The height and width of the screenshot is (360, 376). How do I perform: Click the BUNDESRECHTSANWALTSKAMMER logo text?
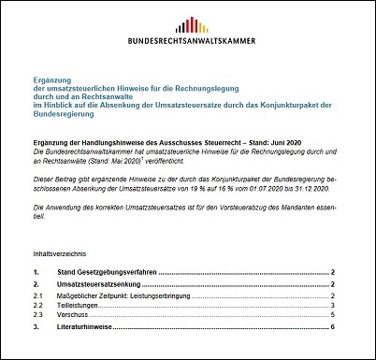tap(187, 42)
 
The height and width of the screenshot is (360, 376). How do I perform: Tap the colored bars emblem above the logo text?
tap(187, 25)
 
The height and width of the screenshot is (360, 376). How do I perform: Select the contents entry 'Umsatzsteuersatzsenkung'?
tap(98, 284)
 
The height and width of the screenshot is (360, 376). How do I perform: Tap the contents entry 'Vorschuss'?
tap(69, 316)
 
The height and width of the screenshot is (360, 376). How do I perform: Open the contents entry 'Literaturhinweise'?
tap(87, 327)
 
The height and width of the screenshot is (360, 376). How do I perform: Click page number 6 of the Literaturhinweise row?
tap(333, 327)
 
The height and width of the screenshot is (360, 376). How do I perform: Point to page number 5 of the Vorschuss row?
tap(333, 316)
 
